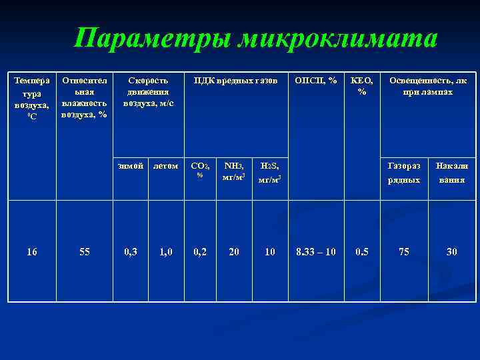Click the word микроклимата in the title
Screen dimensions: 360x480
(x=340, y=38)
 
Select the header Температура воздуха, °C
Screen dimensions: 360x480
(x=31, y=97)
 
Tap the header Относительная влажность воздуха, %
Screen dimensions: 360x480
(x=84, y=97)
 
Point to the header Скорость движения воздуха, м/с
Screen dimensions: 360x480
(x=148, y=92)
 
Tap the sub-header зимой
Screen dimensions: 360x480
(x=130, y=166)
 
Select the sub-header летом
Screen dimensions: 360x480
(x=165, y=166)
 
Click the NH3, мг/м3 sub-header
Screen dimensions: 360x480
(x=234, y=171)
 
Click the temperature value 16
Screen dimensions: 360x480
(x=31, y=252)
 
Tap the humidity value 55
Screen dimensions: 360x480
(x=85, y=252)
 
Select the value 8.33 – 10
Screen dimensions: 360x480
(x=316, y=252)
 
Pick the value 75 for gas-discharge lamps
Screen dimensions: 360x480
(x=404, y=252)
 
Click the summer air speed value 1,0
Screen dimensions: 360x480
(x=165, y=252)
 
